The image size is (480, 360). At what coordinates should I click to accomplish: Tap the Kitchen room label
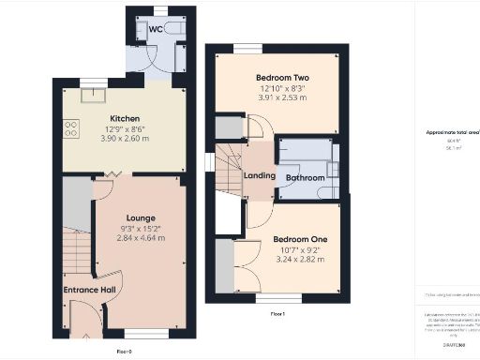coord(125,118)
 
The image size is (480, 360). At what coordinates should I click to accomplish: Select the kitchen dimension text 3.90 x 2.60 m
coord(125,137)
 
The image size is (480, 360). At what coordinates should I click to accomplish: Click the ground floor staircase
coord(77,257)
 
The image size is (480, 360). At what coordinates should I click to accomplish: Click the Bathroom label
coord(305,177)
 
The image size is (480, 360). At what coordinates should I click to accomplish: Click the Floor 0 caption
coord(124,351)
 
